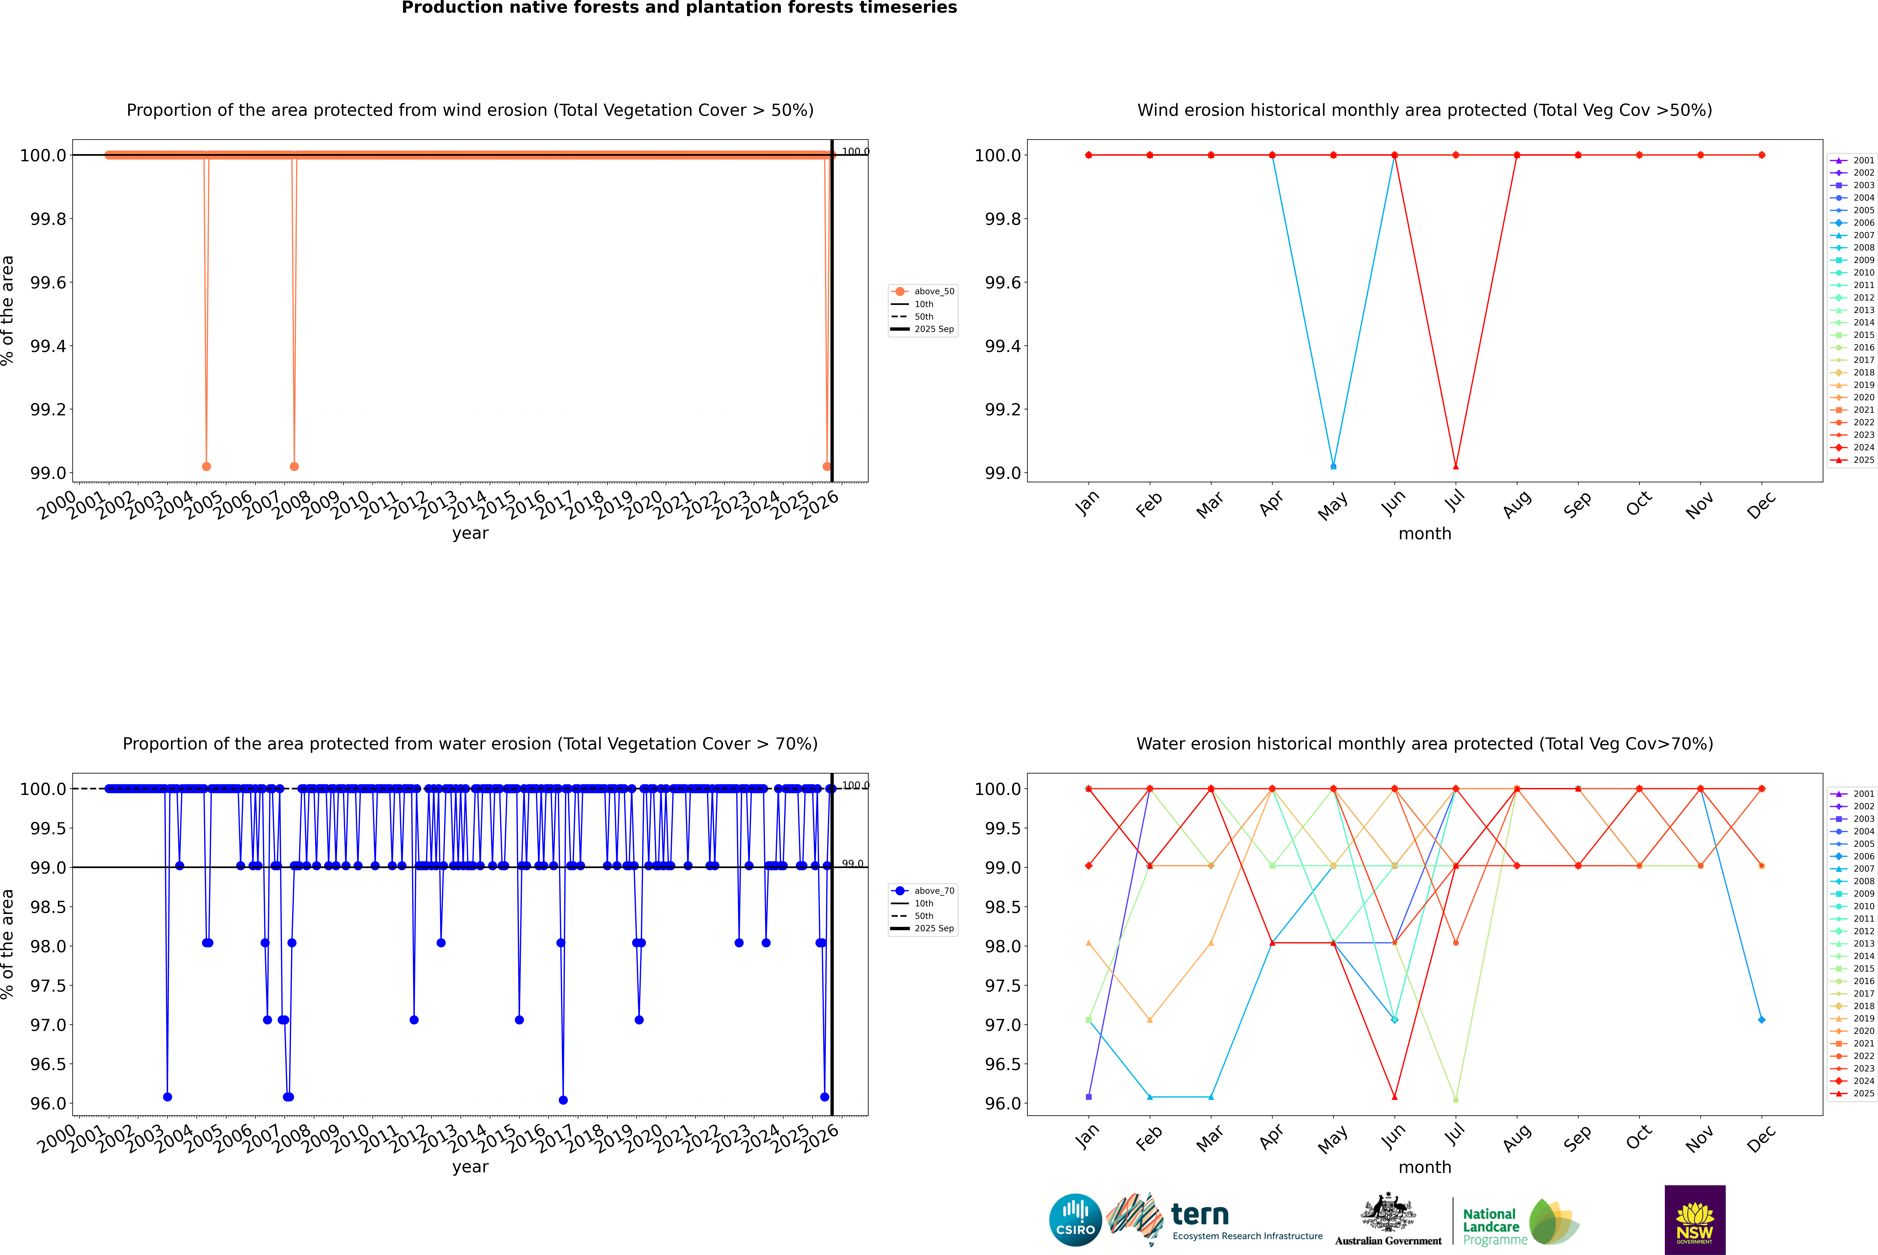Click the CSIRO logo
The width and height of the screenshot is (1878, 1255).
pos(1075,1220)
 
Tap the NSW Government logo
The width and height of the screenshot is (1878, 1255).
pos(1695,1220)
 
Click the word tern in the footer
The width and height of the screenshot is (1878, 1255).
pos(1199,1215)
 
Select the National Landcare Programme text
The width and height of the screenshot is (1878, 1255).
pos(1491,1227)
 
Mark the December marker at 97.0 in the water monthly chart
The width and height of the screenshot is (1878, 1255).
pos(1761,1020)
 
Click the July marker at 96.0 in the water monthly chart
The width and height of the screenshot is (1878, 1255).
pos(1455,1100)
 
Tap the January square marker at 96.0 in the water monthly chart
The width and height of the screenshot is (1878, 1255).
pos(1089,1096)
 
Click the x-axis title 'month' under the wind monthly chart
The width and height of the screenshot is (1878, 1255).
pos(1424,534)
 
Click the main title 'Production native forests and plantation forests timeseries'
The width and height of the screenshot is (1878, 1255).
pos(679,8)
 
